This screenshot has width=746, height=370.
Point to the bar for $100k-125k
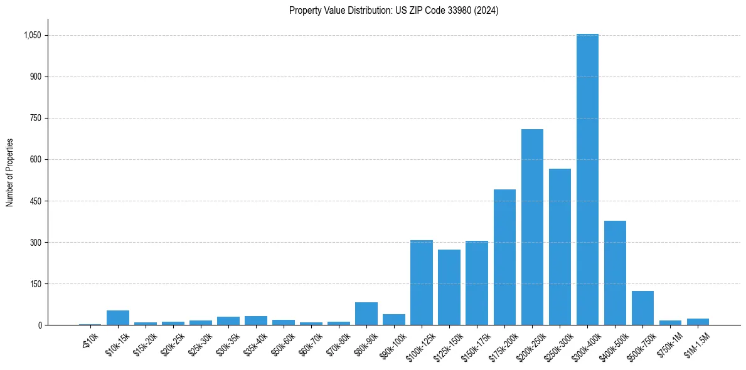click(422, 282)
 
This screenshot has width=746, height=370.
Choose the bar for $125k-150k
click(449, 287)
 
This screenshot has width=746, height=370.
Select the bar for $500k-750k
click(642, 308)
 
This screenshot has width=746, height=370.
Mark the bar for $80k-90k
click(366, 314)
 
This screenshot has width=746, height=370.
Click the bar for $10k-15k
click(118, 318)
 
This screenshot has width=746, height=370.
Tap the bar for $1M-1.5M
click(698, 322)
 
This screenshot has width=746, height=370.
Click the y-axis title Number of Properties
click(9, 172)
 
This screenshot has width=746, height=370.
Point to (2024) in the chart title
click(487, 11)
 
